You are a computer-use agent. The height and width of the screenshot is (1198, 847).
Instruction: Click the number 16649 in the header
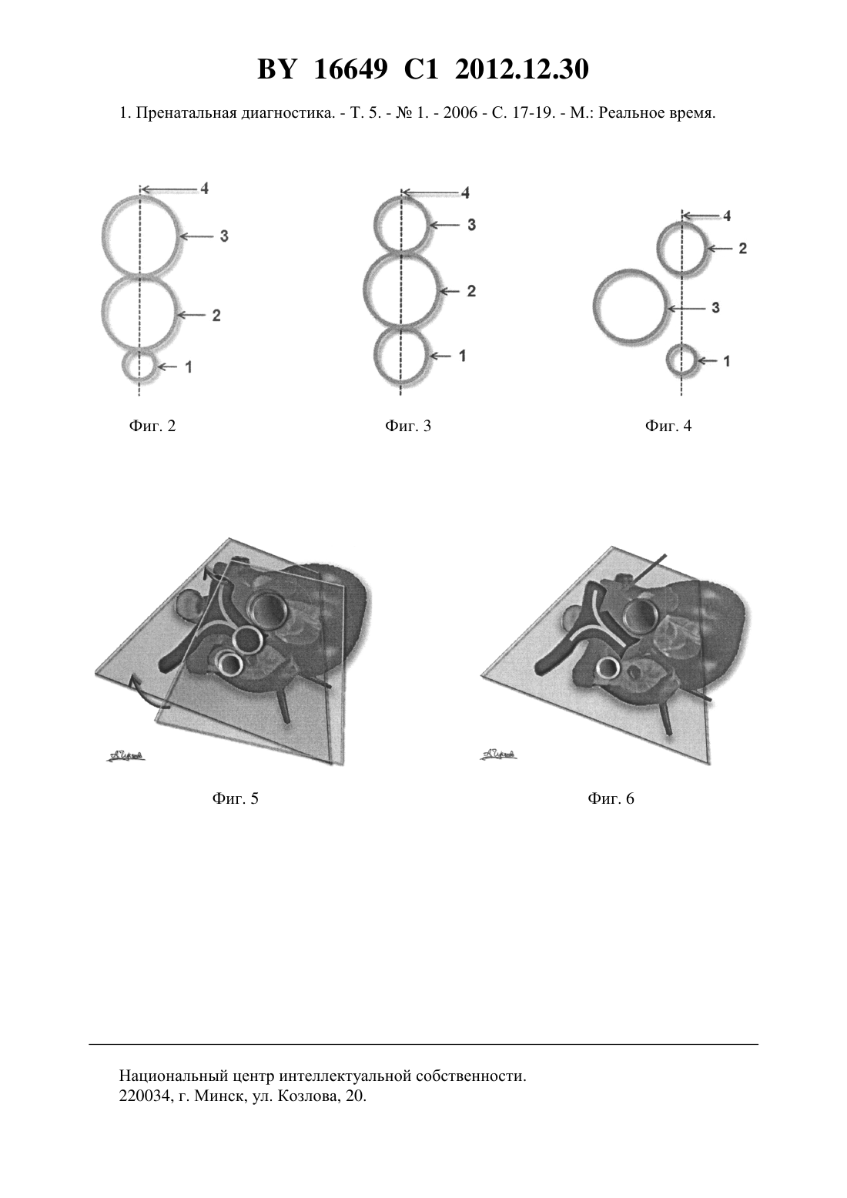(x=350, y=69)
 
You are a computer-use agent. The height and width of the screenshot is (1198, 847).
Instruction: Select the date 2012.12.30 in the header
(x=522, y=69)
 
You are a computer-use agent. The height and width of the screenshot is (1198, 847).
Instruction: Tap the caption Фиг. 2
(x=152, y=427)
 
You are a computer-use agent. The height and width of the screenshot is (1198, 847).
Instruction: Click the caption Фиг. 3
(x=408, y=427)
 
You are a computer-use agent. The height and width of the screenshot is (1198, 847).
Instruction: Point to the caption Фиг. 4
(x=668, y=427)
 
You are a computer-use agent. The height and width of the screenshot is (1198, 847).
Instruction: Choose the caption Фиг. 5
(x=236, y=798)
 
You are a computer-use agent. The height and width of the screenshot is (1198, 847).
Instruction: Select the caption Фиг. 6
(x=611, y=798)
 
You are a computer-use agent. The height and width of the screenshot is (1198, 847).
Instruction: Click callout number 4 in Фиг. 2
(x=204, y=189)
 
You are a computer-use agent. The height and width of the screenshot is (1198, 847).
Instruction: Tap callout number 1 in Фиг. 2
(x=188, y=367)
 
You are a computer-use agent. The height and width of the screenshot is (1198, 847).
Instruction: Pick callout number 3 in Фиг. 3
(x=471, y=225)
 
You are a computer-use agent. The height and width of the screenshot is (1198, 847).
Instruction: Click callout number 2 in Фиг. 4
(x=743, y=248)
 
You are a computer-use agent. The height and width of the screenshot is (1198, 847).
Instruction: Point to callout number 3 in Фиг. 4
(x=715, y=308)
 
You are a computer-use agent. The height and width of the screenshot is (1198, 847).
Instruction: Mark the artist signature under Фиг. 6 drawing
(x=498, y=755)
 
